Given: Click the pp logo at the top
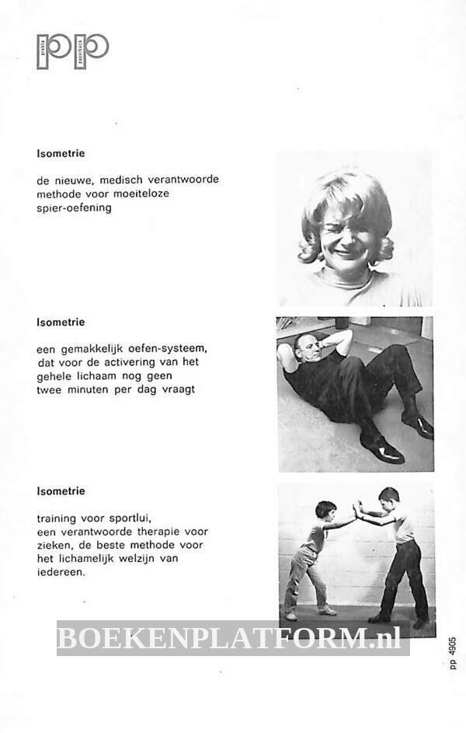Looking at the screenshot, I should [72, 51].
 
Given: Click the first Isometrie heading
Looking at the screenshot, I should [61, 153].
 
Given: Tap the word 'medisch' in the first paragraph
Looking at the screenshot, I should [115, 180].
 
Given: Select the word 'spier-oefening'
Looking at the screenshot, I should [74, 208].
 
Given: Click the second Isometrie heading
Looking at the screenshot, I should [61, 322].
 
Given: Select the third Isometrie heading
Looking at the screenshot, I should [61, 491].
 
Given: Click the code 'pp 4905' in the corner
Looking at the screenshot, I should [453, 653].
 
